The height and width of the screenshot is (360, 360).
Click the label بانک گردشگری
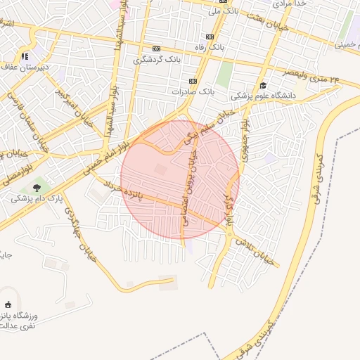click(x=157, y=60)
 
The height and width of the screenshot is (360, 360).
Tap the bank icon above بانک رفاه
click(x=210, y=37)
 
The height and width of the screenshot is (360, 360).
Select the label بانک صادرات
click(x=191, y=91)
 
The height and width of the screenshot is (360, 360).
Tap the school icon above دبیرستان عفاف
click(x=25, y=56)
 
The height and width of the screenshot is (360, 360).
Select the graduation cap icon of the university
click(x=263, y=85)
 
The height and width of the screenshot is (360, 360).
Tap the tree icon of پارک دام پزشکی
click(x=36, y=188)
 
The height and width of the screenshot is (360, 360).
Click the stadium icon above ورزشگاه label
click(x=8, y=304)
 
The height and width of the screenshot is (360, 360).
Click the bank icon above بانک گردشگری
click(x=157, y=49)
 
